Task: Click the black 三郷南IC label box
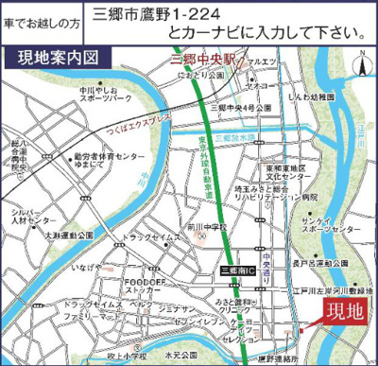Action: click(234, 270)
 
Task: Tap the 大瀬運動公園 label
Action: click(70, 234)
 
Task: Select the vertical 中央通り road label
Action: click(268, 255)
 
